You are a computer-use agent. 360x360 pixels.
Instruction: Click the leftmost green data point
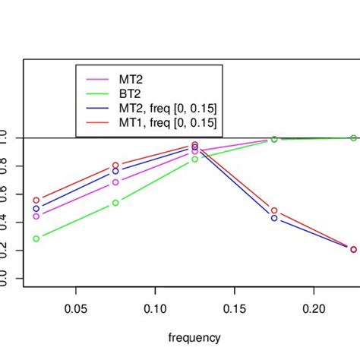(x=36, y=238)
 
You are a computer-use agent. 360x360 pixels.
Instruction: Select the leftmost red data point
(x=36, y=200)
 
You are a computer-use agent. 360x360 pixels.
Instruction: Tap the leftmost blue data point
(x=36, y=208)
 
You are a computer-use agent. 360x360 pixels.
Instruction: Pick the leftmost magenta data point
(x=36, y=216)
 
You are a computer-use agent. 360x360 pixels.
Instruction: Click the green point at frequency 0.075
(x=115, y=203)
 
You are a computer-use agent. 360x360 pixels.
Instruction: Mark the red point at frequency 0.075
(x=115, y=165)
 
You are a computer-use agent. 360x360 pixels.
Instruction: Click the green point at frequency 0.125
(x=195, y=159)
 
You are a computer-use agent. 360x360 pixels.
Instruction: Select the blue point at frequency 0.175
(x=274, y=218)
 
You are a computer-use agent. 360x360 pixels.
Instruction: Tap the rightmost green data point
(x=353, y=137)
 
